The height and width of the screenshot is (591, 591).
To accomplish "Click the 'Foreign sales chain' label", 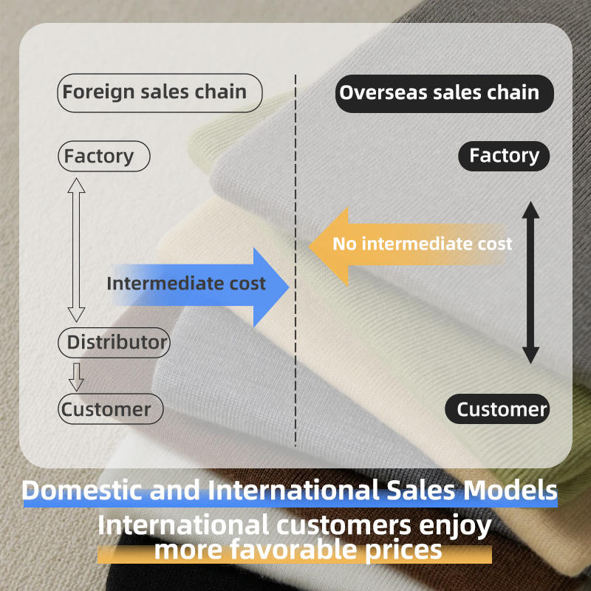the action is [x=160, y=93].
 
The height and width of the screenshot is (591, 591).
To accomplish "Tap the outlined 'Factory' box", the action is [x=103, y=157].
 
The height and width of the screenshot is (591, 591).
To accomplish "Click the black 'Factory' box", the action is [x=504, y=156].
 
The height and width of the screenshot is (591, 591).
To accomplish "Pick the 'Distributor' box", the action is [x=114, y=343].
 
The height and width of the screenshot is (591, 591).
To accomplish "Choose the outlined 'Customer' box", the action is [x=109, y=409].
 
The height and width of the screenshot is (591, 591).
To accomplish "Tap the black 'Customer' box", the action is [x=497, y=409].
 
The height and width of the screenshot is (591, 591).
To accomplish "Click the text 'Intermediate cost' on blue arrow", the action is [x=185, y=284].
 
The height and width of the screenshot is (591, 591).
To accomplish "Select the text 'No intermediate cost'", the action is [x=422, y=244].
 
